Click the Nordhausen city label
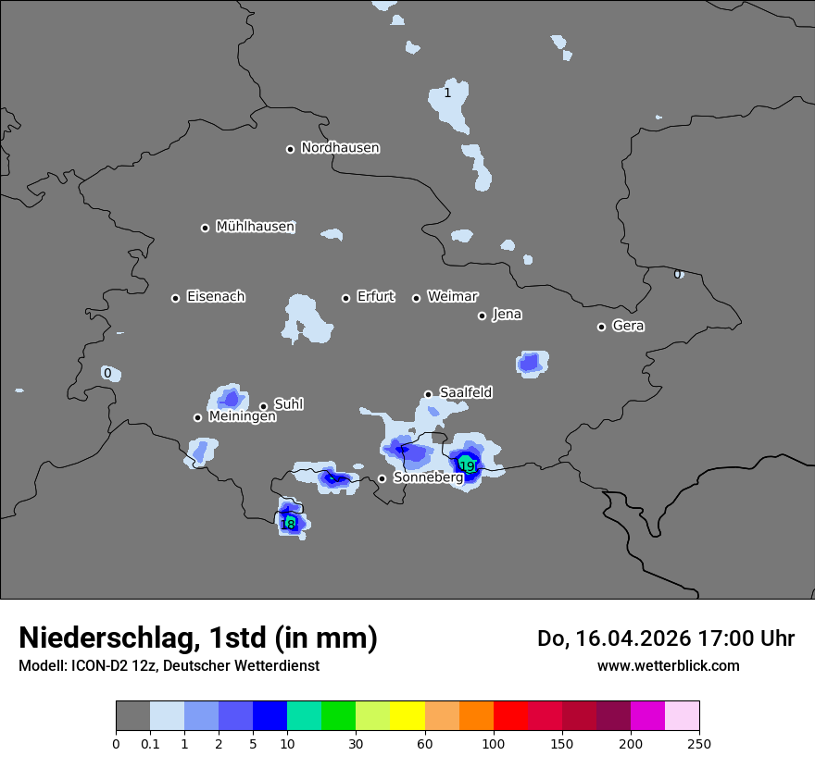[x=340, y=148]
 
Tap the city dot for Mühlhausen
[x=206, y=228]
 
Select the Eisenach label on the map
[x=216, y=297]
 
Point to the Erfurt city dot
[x=346, y=298]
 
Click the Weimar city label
[x=452, y=297]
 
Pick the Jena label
[x=507, y=315]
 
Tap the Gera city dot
[x=601, y=327]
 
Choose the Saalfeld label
[x=466, y=393]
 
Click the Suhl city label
[x=289, y=404]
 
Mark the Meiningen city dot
[x=197, y=417]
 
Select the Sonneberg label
[x=428, y=477]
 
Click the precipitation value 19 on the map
[x=468, y=465]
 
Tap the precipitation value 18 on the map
[x=288, y=524]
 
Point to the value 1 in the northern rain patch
[x=447, y=93]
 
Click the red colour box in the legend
[x=510, y=716]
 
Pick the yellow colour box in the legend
[x=407, y=716]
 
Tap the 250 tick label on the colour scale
[x=699, y=744]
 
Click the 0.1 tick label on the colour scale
[x=150, y=744]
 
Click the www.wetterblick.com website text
[x=668, y=665]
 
